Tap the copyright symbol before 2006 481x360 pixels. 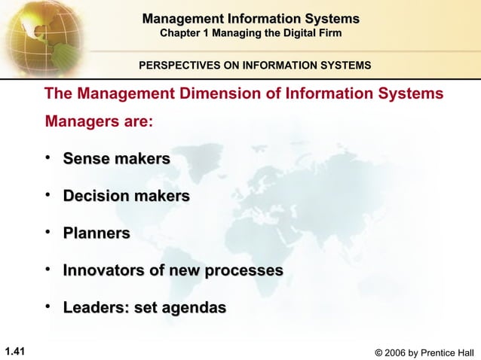[x=378, y=352]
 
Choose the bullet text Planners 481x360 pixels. [x=96, y=233]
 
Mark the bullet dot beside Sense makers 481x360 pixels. [x=49, y=157]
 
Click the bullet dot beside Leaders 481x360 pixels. [x=49, y=307]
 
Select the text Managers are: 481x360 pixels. [x=100, y=121]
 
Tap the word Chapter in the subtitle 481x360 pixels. [x=183, y=33]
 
